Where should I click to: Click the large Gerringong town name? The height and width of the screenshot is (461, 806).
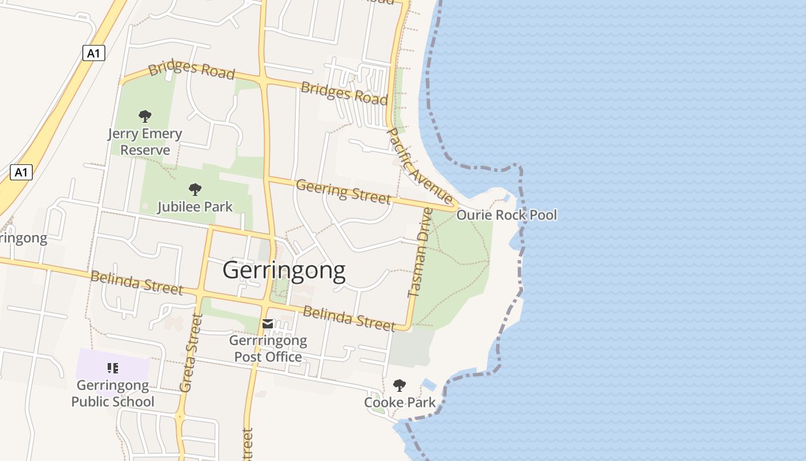tap(284, 270)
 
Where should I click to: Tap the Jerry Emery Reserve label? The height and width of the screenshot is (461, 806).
tap(145, 142)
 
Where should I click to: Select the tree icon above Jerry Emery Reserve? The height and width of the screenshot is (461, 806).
tap(145, 116)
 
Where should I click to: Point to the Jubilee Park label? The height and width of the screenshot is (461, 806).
tap(195, 206)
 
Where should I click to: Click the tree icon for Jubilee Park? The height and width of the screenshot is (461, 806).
tap(195, 188)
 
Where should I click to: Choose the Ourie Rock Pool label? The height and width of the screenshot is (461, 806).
tap(507, 215)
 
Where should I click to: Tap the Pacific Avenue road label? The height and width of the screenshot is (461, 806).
tap(420, 166)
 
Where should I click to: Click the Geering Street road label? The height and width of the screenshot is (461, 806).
tap(343, 191)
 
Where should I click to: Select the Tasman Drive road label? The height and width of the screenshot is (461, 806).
tap(420, 252)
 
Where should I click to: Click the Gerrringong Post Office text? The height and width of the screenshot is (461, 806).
tap(268, 349)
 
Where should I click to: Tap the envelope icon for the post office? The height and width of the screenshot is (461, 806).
tap(268, 324)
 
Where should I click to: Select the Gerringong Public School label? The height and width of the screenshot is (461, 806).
tap(113, 394)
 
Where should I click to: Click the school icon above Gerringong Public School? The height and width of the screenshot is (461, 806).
tap(113, 368)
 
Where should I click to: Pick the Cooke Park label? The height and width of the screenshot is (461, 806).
tap(400, 402)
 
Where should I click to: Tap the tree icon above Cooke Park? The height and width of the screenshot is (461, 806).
tap(399, 385)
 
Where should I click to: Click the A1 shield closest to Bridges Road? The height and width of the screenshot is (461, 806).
tap(94, 54)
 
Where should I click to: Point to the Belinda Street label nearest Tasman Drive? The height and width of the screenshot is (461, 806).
tap(349, 319)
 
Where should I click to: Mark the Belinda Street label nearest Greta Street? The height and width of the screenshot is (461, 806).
tap(137, 282)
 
